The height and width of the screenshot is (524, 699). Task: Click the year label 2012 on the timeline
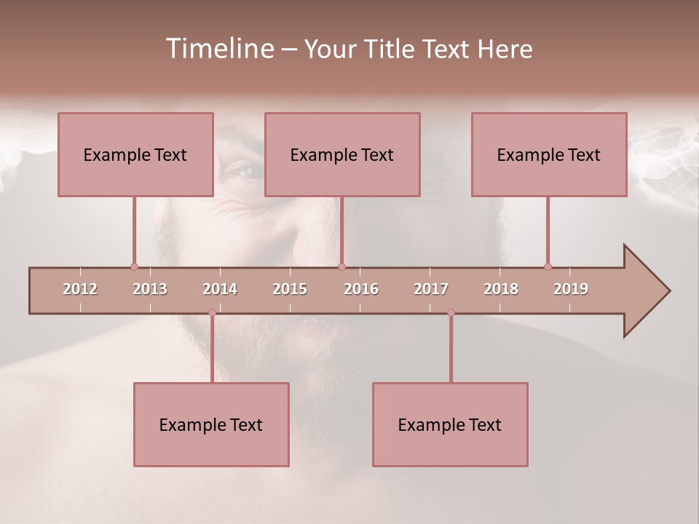(80, 289)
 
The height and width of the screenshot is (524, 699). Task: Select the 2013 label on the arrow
(150, 289)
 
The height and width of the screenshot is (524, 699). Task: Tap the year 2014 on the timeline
(220, 289)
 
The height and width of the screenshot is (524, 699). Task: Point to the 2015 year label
(290, 289)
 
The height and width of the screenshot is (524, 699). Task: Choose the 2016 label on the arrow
(361, 289)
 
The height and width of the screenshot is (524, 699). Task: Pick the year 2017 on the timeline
(431, 289)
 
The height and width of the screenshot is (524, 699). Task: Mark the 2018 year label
(501, 289)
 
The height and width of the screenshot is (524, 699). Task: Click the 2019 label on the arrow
(571, 289)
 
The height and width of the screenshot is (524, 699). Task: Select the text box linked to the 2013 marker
(135, 154)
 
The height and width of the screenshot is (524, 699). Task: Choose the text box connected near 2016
(342, 154)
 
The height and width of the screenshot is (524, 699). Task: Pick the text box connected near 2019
(549, 154)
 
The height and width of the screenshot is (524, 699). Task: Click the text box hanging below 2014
(211, 424)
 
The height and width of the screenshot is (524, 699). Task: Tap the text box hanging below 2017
(450, 424)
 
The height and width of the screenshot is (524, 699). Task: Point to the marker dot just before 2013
(134, 266)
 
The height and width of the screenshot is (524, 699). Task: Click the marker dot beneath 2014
(212, 313)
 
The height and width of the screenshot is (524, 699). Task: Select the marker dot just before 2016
(341, 266)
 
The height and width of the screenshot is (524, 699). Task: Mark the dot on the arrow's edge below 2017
(451, 313)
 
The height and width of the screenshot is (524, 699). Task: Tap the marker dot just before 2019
(548, 266)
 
